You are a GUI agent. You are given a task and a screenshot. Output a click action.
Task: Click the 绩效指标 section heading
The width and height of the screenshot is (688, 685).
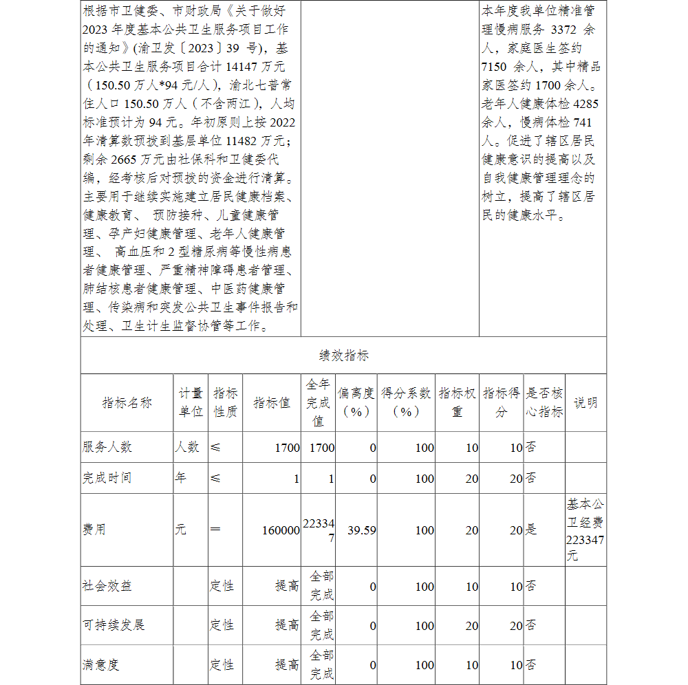343,356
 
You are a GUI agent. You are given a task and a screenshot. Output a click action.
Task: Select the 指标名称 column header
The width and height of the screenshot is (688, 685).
127,403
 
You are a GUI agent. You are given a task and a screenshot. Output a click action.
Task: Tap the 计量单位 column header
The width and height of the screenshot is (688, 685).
191,402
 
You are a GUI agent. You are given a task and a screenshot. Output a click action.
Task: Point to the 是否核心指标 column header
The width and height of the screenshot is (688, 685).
544,402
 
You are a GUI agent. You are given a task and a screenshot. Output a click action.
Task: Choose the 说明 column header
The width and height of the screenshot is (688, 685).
585,403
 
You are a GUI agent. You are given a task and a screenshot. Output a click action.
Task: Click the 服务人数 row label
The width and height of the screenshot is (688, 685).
107,447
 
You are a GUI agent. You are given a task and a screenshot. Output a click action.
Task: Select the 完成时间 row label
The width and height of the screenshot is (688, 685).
107,478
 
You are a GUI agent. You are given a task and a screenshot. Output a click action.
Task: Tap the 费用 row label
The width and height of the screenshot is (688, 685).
94,530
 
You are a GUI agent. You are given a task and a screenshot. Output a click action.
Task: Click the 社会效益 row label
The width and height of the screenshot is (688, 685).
107,586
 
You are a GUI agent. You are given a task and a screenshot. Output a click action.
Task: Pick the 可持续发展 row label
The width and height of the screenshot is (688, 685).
114,625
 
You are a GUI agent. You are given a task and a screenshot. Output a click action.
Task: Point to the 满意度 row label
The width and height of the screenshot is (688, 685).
101,665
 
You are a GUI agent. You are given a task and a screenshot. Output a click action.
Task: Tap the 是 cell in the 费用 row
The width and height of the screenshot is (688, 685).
532,530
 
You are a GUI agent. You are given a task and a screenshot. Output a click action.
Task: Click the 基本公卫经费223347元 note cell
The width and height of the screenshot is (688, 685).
585,530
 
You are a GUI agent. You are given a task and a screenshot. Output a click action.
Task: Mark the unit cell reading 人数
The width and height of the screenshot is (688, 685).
187,447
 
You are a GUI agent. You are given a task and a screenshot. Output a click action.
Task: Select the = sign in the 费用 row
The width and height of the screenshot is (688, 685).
215,530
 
